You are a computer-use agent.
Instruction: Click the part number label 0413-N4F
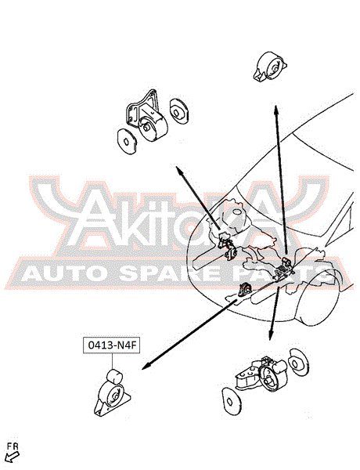[111, 345]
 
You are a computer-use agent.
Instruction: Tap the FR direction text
[13, 446]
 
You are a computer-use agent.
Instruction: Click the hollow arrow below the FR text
[13, 457]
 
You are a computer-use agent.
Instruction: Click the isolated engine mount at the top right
[271, 67]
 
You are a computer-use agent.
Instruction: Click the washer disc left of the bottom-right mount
[232, 401]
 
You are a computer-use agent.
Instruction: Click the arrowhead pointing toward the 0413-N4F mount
[146, 366]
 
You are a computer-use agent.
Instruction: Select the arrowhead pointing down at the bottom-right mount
[271, 335]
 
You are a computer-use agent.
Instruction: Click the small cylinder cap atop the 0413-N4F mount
[114, 377]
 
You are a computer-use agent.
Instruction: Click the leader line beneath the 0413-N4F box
[113, 361]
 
